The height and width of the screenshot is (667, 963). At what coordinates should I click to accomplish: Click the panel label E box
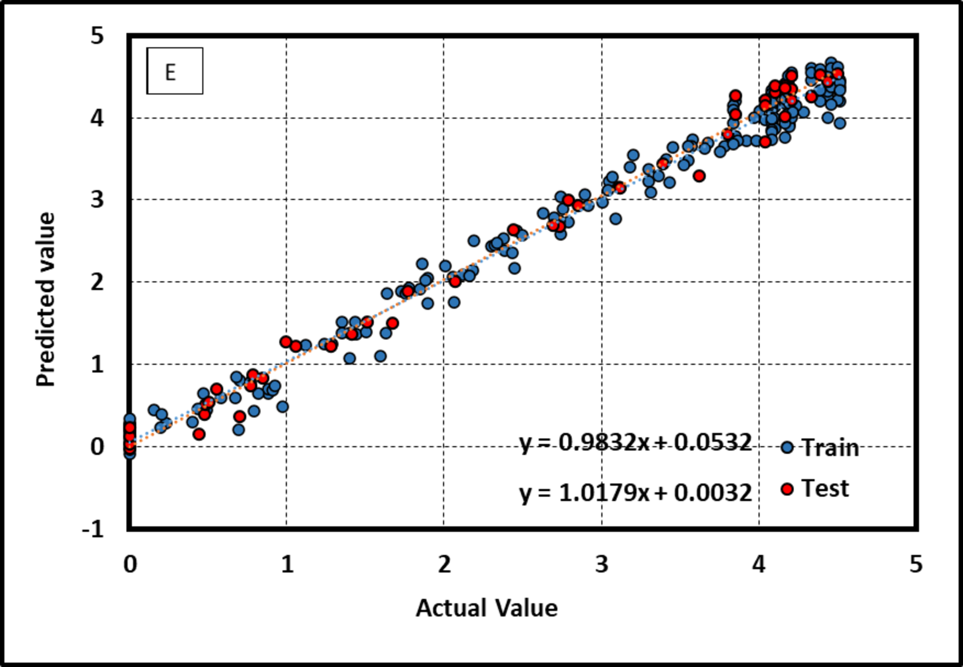[174, 71]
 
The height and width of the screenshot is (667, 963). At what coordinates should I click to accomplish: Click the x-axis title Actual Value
[486, 608]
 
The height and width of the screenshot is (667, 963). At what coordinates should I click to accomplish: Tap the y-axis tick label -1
[93, 530]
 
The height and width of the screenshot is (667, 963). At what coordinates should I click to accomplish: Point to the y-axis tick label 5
[97, 36]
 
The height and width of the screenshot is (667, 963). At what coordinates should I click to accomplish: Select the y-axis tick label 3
[97, 200]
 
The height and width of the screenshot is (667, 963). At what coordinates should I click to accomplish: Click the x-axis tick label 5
[916, 565]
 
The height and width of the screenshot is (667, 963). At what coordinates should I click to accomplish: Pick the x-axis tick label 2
[444, 565]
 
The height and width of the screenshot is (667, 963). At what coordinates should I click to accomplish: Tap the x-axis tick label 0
[130, 565]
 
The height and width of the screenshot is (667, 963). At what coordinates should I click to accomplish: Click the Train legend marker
[787, 447]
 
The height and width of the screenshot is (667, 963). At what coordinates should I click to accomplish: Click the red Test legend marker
[787, 488]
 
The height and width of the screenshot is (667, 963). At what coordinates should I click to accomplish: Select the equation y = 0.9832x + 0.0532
[635, 443]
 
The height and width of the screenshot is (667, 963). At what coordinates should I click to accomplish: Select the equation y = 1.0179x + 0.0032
[635, 493]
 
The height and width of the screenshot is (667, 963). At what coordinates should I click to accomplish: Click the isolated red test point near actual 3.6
[699, 176]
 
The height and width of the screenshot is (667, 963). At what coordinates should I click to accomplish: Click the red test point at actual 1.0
[286, 342]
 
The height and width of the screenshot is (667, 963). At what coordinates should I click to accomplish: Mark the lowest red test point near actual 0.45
[199, 434]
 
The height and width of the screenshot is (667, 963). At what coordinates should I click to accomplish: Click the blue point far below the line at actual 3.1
[616, 219]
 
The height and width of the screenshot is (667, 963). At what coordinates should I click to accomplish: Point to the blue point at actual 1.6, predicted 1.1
[380, 356]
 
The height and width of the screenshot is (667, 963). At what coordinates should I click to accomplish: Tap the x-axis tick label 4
[759, 565]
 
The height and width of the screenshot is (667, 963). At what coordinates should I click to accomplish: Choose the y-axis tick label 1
[97, 365]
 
